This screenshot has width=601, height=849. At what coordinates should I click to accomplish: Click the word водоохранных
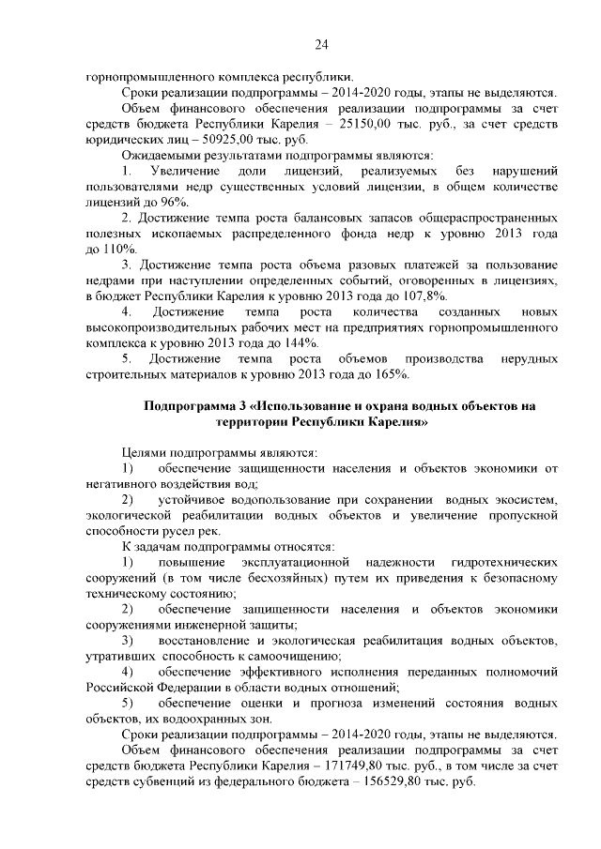(x=210, y=720)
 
